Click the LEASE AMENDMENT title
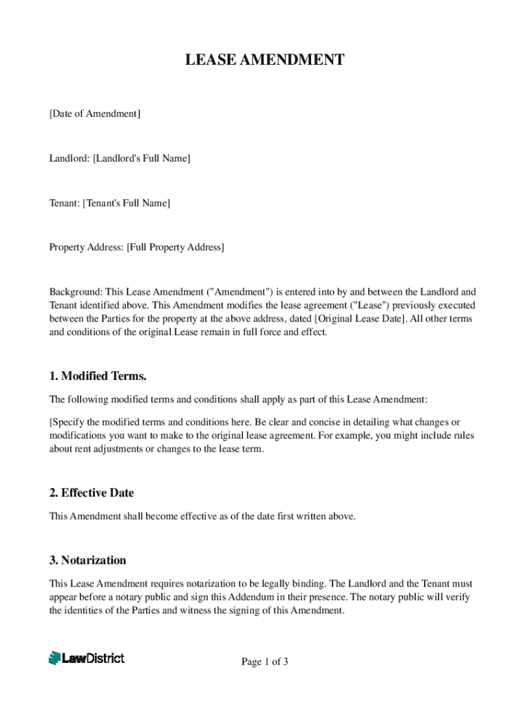pos(264,61)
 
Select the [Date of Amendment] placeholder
pos(94,114)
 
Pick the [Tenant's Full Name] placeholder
pos(126,202)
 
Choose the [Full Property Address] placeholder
pos(175,247)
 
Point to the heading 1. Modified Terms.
pos(98,377)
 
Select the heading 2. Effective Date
pos(92,493)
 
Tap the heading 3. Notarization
pos(87,560)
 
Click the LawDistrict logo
pos(87,658)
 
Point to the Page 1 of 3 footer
pos(264,662)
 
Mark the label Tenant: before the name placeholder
pos(64,202)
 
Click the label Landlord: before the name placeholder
pos(69,158)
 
